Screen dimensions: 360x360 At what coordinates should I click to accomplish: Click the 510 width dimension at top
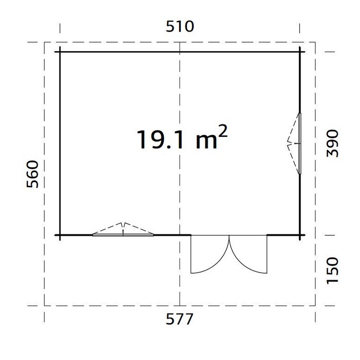[x=180, y=27]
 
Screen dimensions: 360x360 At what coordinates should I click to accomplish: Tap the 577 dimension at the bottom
[x=179, y=319]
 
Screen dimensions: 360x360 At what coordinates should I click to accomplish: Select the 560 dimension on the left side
[x=32, y=174]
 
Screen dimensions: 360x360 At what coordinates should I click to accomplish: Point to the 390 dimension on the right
[x=333, y=143]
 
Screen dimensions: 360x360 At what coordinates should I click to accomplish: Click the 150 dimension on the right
[x=333, y=271]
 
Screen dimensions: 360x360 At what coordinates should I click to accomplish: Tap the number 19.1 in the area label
[x=160, y=139]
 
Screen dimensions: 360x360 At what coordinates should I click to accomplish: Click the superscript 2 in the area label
[x=222, y=130]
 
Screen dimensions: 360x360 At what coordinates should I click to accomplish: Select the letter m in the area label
[x=206, y=141]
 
